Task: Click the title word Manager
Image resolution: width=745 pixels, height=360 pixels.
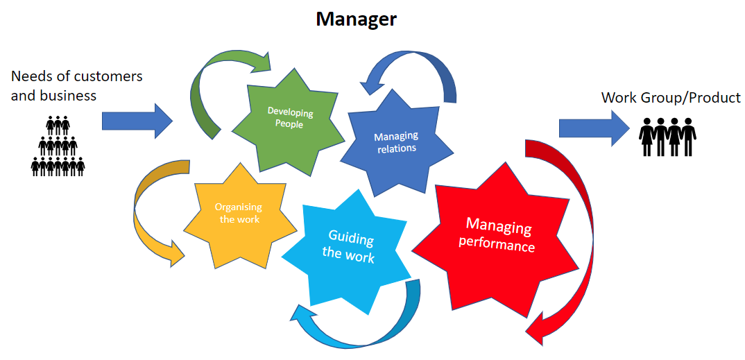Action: (x=356, y=19)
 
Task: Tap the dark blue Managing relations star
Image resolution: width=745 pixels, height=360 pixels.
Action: (x=396, y=142)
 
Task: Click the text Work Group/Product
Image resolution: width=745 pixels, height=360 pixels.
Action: (x=671, y=98)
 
